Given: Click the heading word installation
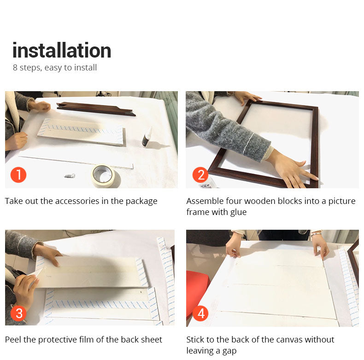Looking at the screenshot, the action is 62,50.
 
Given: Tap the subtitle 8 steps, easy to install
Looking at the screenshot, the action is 55,68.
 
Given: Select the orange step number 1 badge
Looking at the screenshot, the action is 18,174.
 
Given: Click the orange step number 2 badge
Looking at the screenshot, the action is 200,174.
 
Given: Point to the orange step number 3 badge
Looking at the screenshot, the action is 18,313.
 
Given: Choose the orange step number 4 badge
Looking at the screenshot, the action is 200,313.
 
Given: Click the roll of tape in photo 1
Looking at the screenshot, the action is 104,175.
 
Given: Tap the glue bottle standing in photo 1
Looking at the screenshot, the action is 147,138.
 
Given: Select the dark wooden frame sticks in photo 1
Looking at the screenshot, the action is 96,109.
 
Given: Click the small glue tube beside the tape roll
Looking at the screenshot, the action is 70,176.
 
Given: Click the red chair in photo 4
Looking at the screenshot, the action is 197,292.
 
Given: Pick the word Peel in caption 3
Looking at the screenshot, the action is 13,340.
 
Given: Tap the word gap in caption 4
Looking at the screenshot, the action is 229,351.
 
